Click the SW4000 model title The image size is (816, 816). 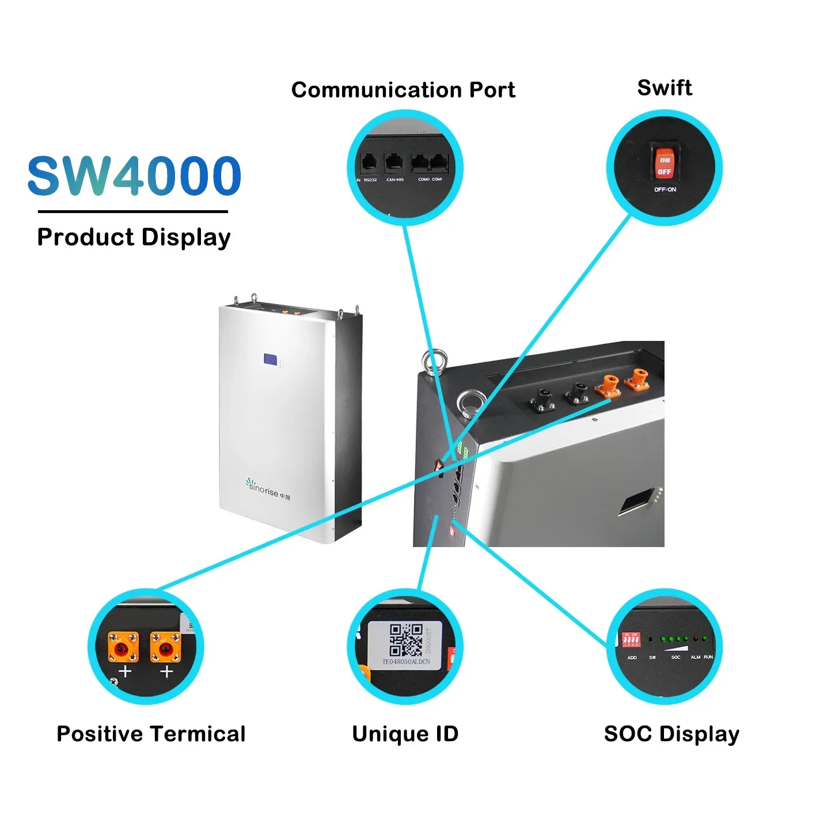pyautogui.click(x=134, y=175)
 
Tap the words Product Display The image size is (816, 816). pyautogui.click(x=134, y=237)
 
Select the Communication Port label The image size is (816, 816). pyautogui.click(x=403, y=90)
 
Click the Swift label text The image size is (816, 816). pyautogui.click(x=665, y=88)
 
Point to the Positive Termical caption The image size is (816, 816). pyautogui.click(x=151, y=734)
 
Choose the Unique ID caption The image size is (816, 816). pyautogui.click(x=405, y=734)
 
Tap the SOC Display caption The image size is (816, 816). pyautogui.click(x=671, y=734)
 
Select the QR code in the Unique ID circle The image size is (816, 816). pyautogui.click(x=406, y=640)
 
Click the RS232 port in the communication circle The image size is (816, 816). pyautogui.click(x=369, y=163)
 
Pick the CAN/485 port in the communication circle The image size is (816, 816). pyautogui.click(x=394, y=163)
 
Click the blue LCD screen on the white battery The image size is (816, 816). pyautogui.click(x=270, y=359)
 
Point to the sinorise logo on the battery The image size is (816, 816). pyautogui.click(x=268, y=489)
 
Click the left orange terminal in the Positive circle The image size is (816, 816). pyautogui.click(x=123, y=647)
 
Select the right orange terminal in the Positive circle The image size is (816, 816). pyautogui.click(x=165, y=647)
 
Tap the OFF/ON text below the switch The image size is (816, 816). pyautogui.click(x=665, y=189)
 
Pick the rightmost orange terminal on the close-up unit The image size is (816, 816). pyautogui.click(x=637, y=378)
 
